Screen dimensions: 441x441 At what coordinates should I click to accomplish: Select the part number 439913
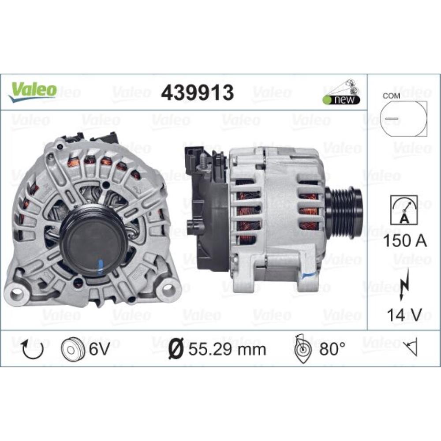[197, 92]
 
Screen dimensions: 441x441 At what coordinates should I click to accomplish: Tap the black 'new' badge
[341, 100]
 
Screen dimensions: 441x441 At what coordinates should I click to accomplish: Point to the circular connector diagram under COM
[403, 120]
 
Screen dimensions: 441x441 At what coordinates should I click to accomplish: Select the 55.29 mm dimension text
[227, 350]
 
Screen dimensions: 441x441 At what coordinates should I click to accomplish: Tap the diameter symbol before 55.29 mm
[176, 350]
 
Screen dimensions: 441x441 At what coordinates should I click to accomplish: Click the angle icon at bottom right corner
[412, 349]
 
